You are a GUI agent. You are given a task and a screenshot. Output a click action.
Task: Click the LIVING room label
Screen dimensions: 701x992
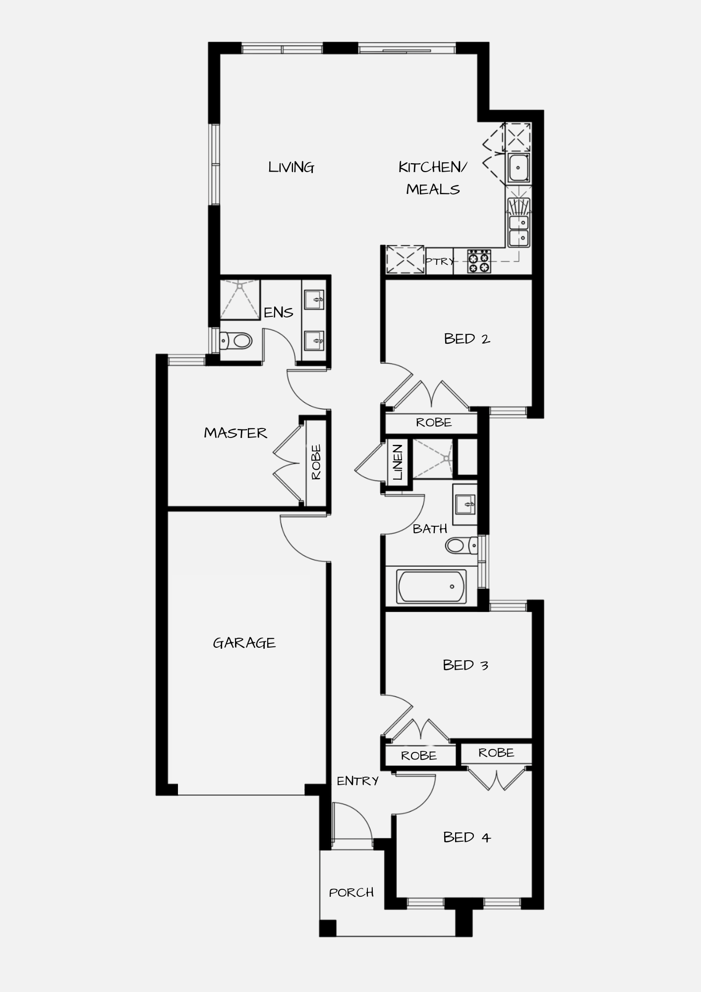[291, 168]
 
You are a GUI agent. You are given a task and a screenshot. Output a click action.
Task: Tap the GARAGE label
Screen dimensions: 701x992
[244, 643]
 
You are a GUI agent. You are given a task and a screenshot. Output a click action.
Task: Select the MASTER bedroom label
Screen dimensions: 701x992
[235, 433]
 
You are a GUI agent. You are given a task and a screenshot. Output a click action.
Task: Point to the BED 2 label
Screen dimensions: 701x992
[467, 339]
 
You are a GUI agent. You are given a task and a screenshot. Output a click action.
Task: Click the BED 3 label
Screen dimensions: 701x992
[466, 665]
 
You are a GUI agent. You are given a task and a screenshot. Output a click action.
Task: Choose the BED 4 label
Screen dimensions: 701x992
[467, 837]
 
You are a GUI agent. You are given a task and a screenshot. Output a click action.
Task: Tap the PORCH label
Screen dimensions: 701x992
[351, 893]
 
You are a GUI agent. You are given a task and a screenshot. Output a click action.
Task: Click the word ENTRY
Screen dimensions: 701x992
[357, 781]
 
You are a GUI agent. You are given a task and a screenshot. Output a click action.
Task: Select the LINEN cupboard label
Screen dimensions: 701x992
[398, 462]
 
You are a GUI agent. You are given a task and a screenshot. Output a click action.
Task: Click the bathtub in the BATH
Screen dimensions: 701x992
[431, 587]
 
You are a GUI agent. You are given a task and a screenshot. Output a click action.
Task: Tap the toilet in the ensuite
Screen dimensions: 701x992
[236, 341]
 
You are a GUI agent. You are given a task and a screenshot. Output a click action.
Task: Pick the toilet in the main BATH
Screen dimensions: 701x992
[462, 546]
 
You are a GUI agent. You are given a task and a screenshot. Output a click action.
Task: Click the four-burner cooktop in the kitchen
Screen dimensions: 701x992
[479, 261]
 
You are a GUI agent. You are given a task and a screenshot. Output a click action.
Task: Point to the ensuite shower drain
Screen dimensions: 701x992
[240, 286]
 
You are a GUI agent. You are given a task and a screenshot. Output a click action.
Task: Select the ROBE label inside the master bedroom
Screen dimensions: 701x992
[316, 462]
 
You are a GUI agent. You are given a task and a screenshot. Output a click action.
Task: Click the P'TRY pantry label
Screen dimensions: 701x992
[439, 261]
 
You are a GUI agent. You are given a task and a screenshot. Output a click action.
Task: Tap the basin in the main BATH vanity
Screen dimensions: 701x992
[466, 505]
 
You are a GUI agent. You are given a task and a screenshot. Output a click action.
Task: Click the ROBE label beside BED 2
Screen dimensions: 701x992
[434, 423]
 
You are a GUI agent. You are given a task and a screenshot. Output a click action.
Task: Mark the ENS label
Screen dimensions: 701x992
[278, 312]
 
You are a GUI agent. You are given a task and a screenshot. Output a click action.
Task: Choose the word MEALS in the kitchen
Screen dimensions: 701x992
[433, 189]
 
